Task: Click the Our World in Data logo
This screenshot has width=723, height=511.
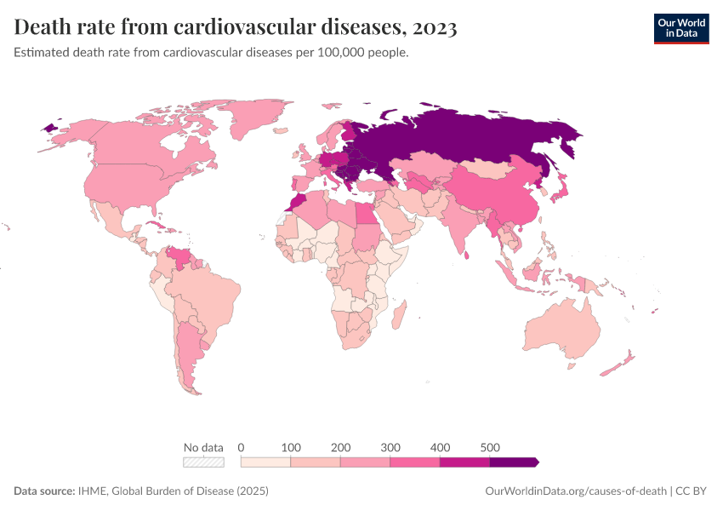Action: coord(681,27)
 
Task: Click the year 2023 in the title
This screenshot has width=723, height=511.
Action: coord(434,28)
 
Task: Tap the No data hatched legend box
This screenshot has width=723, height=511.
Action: coord(204,462)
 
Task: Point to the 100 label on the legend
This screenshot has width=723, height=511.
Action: coord(291,447)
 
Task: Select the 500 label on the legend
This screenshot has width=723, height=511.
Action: coord(489,447)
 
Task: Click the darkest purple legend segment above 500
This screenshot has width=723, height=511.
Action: coord(513,462)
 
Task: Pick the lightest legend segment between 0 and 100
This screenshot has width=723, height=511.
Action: coord(266,462)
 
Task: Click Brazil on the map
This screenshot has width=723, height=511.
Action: coord(208,298)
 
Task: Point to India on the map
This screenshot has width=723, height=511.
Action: coord(463,226)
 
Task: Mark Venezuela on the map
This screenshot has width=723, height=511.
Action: coord(179,255)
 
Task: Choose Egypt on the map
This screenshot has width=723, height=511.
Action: coord(363,213)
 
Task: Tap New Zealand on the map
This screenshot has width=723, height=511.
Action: coord(619,365)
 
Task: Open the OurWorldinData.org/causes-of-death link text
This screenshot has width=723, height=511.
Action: coord(574,491)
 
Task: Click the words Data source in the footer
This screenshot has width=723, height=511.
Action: coord(43,491)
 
